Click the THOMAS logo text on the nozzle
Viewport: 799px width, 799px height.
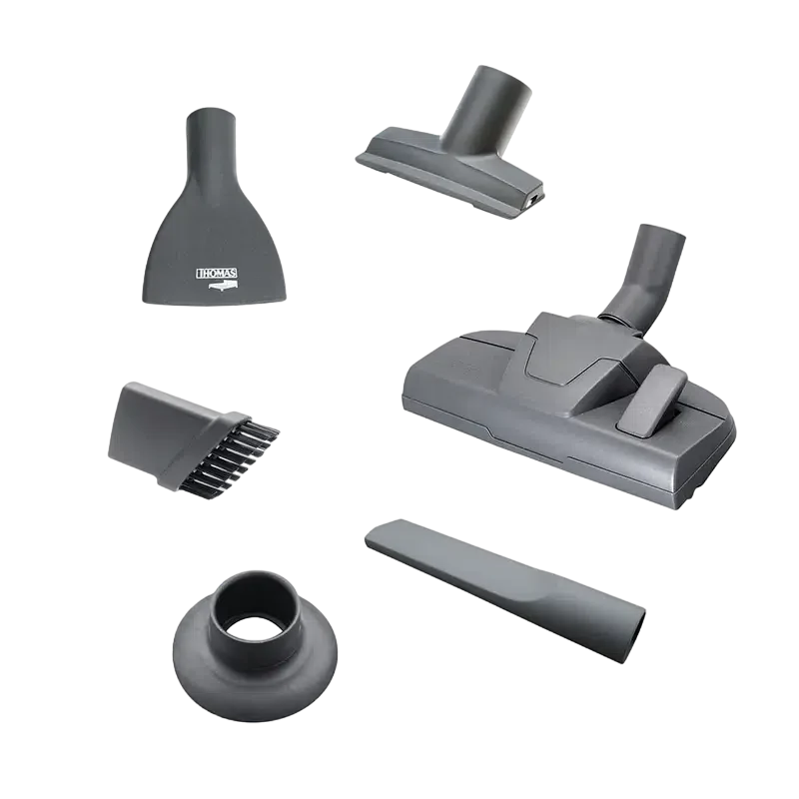click(217, 274)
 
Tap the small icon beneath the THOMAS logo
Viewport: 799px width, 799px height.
click(223, 287)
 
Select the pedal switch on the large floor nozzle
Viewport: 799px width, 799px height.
click(652, 400)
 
